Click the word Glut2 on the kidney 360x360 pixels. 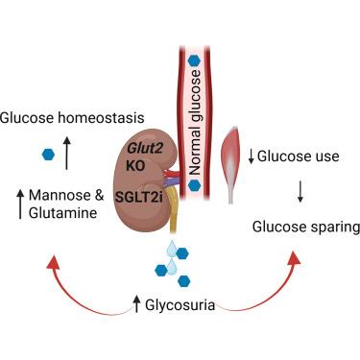coord(145,149)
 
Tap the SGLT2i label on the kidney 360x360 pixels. coord(139,197)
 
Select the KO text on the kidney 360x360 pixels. coord(135,165)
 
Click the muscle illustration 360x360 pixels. coord(231,164)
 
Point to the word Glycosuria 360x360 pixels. coord(180,305)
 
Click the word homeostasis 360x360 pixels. coord(101,118)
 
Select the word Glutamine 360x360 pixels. coord(62,213)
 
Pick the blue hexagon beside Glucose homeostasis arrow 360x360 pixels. coord(48,155)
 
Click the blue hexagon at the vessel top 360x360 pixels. coord(194,60)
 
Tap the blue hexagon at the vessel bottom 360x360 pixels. coord(194,185)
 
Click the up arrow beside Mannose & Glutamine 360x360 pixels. coord(20,204)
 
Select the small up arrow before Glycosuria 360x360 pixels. coord(137,304)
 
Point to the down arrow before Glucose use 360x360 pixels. coord(252,156)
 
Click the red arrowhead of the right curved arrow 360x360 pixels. coord(295,258)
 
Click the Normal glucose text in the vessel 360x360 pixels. coord(194,123)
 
